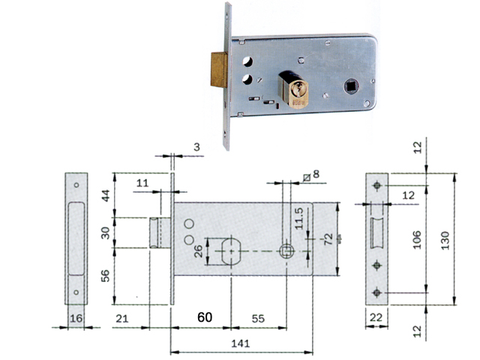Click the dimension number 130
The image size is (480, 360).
coord(445,239)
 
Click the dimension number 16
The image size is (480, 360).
coord(75,319)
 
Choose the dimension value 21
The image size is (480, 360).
coord(122,319)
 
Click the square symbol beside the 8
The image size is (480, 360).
coord(307,176)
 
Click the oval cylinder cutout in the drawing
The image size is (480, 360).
coord(230,250)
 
